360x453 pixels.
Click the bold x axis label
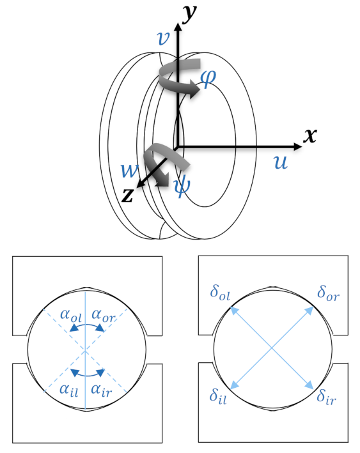click(310, 135)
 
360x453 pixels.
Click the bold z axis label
click(127, 195)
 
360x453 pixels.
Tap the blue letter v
click(163, 38)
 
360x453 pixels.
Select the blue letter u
click(281, 162)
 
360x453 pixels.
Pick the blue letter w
click(130, 171)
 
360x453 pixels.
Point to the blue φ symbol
click(208, 78)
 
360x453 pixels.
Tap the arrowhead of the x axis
click(297, 146)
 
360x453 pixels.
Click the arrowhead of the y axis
click(178, 27)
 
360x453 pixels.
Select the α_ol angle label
click(71, 316)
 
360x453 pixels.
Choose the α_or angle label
click(103, 316)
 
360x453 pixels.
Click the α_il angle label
click(69, 390)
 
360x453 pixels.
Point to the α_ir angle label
click(101, 390)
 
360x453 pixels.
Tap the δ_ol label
click(220, 293)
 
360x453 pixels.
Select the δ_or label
click(328, 293)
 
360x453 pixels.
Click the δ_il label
click(218, 396)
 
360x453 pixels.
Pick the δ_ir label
click(327, 397)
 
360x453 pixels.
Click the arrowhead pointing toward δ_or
click(309, 311)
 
